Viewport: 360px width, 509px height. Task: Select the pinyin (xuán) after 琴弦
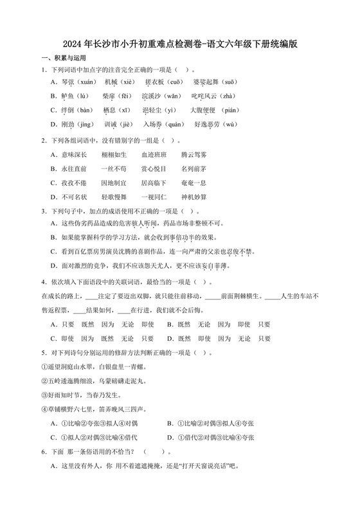pyautogui.click(x=87, y=83)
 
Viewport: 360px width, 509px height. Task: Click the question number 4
pyautogui.click(x=42, y=282)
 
